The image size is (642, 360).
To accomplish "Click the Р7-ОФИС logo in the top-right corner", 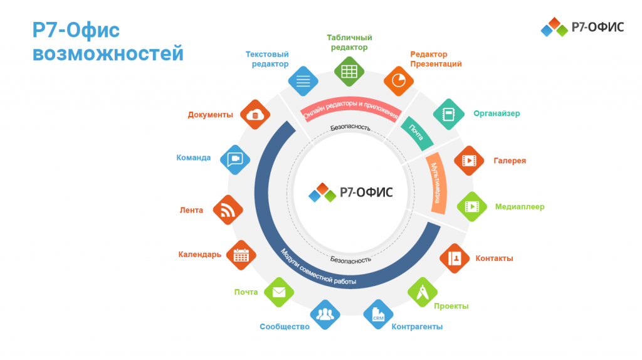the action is tap(582, 27).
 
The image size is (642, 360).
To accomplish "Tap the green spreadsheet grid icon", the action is tap(349, 71).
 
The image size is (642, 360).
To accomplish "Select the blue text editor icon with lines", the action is tap(303, 81).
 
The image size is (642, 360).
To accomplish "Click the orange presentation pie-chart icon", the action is tap(398, 81).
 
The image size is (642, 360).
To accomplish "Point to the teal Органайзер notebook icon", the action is tap(449, 114).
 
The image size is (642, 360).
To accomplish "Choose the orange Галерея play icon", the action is tap(469, 161).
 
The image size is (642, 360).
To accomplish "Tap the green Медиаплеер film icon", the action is tap(471, 206).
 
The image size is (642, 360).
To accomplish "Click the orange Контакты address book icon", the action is tap(455, 258).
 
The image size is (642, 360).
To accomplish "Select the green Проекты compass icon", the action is tap(423, 292).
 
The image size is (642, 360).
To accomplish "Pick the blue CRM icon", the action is tap(378, 315).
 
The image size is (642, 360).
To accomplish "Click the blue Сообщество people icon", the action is tap(325, 315).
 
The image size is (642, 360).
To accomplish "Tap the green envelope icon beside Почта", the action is tap(279, 292).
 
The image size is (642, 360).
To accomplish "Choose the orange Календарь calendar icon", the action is tap(241, 255).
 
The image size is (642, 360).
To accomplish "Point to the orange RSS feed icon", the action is tap(228, 210).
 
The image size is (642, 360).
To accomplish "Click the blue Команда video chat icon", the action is tap(235, 159).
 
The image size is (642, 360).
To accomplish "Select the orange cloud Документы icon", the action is tap(255, 115).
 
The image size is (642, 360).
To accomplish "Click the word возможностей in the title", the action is tap(108, 54).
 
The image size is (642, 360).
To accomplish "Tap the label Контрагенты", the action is tap(417, 326).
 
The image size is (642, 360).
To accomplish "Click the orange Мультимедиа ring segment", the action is tap(437, 183).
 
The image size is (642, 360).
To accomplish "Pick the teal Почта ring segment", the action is tap(417, 133).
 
